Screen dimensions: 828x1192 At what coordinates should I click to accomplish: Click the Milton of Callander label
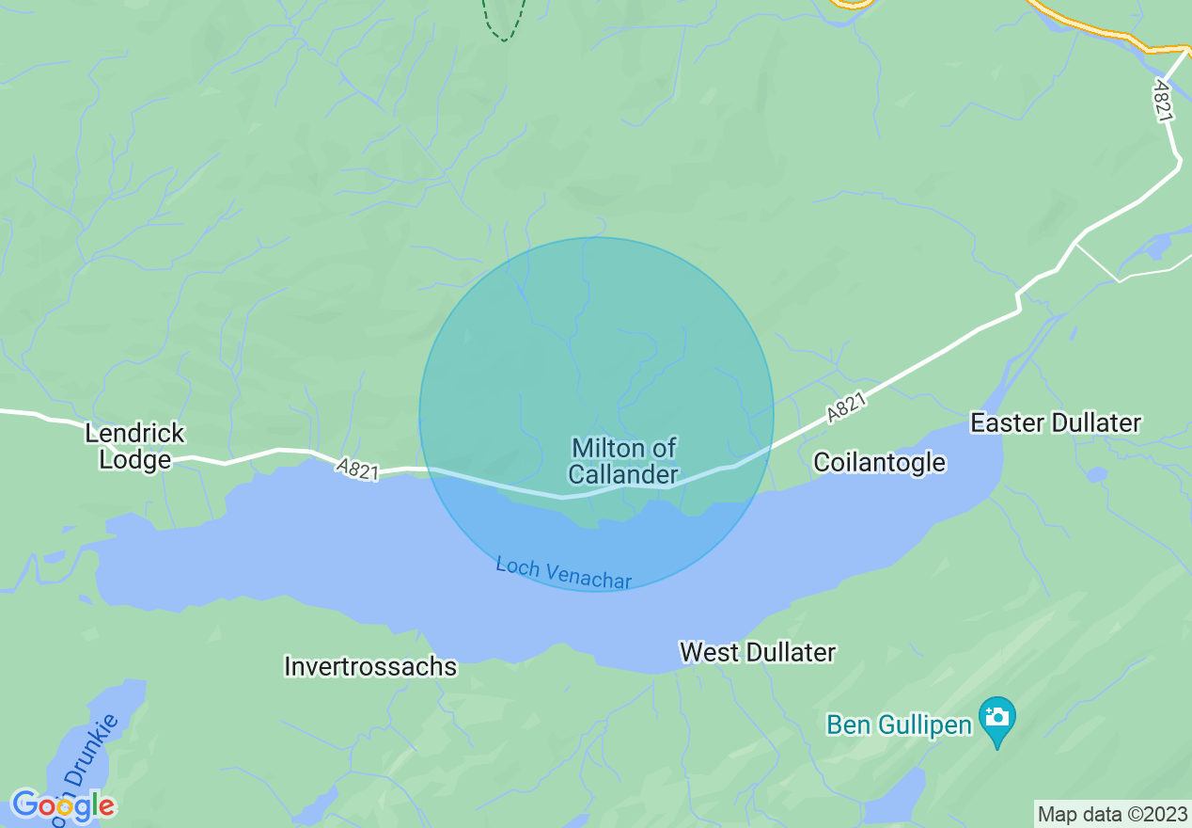pyautogui.click(x=623, y=460)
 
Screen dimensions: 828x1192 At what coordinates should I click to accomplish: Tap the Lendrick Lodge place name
pyautogui.click(x=135, y=446)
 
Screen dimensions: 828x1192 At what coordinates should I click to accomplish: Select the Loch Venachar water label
pyautogui.click(x=563, y=573)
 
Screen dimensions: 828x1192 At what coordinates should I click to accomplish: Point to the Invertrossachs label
pyautogui.click(x=370, y=667)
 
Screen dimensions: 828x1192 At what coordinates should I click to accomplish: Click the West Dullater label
pyautogui.click(x=758, y=652)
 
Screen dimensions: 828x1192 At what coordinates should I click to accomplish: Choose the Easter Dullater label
pyautogui.click(x=1056, y=423)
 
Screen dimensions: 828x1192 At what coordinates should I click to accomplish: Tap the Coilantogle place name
pyautogui.click(x=879, y=462)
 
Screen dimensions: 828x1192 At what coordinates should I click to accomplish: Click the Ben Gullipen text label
pyautogui.click(x=898, y=725)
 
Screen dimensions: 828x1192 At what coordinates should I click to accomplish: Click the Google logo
pyautogui.click(x=62, y=805)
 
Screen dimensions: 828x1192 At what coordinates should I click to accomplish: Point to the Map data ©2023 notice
pyautogui.click(x=1112, y=814)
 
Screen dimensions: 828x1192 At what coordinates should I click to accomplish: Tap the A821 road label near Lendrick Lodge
pyautogui.click(x=358, y=469)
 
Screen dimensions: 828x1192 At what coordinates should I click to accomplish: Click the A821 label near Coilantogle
pyautogui.click(x=846, y=408)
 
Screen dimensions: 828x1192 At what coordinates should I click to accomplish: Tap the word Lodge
pyautogui.click(x=135, y=459)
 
